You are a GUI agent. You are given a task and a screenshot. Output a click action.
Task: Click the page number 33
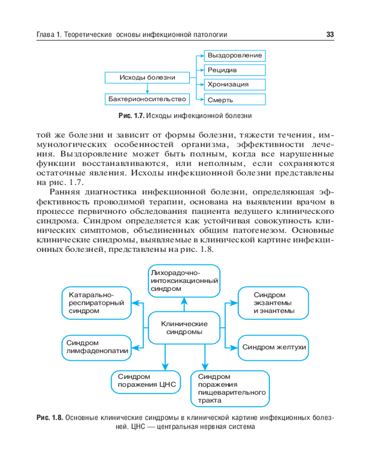329,35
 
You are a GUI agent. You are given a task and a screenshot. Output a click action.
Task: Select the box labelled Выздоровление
235,55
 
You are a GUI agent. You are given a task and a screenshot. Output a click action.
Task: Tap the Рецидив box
235,70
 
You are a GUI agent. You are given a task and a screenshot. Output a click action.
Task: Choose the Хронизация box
235,85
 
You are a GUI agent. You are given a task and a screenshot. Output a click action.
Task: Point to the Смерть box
235,100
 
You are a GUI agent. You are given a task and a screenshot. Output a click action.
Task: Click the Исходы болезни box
147,78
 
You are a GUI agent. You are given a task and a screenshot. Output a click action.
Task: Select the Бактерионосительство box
147,99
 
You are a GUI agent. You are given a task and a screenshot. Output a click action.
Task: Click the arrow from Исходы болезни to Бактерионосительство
147,88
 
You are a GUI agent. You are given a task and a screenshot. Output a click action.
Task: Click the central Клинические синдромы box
184,328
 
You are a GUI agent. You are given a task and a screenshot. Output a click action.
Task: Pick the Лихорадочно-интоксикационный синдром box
184,281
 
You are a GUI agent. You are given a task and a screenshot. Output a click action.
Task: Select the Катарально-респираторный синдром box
96,303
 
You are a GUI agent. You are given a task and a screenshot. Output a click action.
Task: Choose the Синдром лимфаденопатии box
96,348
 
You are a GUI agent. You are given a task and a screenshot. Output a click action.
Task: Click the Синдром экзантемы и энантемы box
274,303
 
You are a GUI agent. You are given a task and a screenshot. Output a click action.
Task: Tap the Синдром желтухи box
274,347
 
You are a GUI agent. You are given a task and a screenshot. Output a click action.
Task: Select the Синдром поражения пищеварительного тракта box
230,388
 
